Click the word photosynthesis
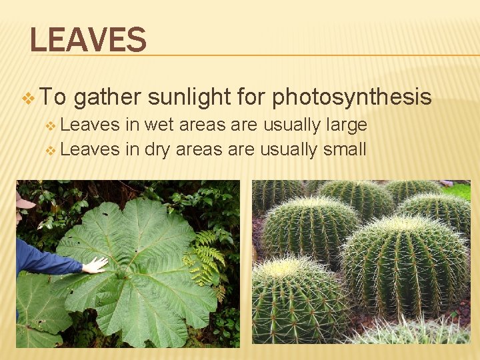point(352,97)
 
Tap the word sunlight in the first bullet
point(189,97)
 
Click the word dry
point(156,149)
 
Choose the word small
point(344,149)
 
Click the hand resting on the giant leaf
point(95,265)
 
